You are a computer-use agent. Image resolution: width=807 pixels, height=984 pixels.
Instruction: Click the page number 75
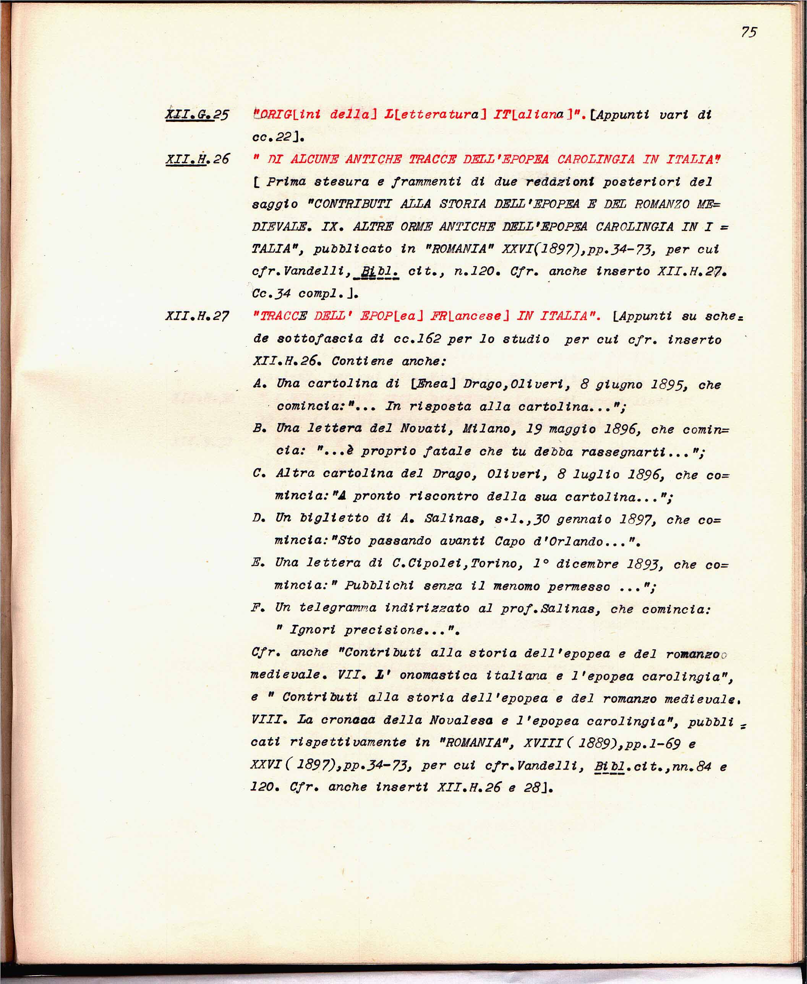click(749, 32)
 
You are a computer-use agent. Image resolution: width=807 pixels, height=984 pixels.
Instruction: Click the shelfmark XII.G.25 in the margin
click(197, 114)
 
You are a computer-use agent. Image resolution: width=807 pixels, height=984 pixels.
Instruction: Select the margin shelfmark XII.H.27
click(197, 316)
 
